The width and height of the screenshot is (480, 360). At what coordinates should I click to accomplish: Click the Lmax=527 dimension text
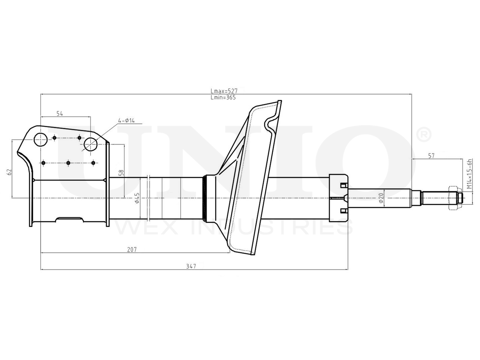tap(224, 91)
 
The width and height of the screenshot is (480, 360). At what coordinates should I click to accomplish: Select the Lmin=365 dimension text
tap(223, 98)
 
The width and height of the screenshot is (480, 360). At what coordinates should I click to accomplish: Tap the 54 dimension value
tap(60, 114)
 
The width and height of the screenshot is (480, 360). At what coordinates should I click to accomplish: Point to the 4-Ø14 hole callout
tap(126, 120)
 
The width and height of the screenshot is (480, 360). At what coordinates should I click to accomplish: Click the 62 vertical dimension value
tap(9, 172)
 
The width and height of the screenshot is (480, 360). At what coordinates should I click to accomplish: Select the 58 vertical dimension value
tap(121, 173)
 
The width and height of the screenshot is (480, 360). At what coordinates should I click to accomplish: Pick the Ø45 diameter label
tap(137, 198)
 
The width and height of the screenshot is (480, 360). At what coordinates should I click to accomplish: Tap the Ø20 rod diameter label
tap(381, 198)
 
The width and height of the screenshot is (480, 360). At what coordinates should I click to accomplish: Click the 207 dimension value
tap(132, 249)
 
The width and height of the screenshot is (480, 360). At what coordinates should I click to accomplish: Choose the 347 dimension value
tap(191, 266)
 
